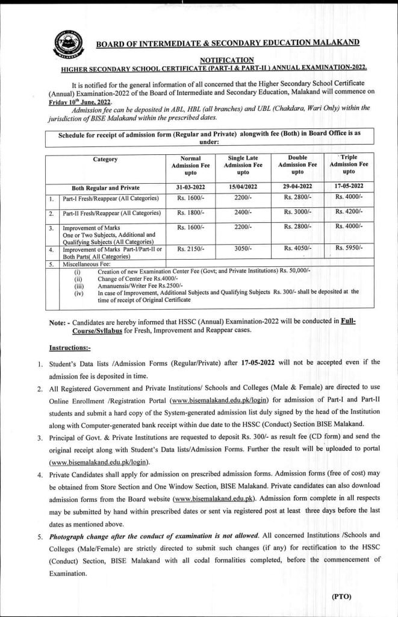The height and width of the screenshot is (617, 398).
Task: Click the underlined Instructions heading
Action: (70, 348)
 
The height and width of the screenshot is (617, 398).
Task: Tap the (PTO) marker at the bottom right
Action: (345, 597)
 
